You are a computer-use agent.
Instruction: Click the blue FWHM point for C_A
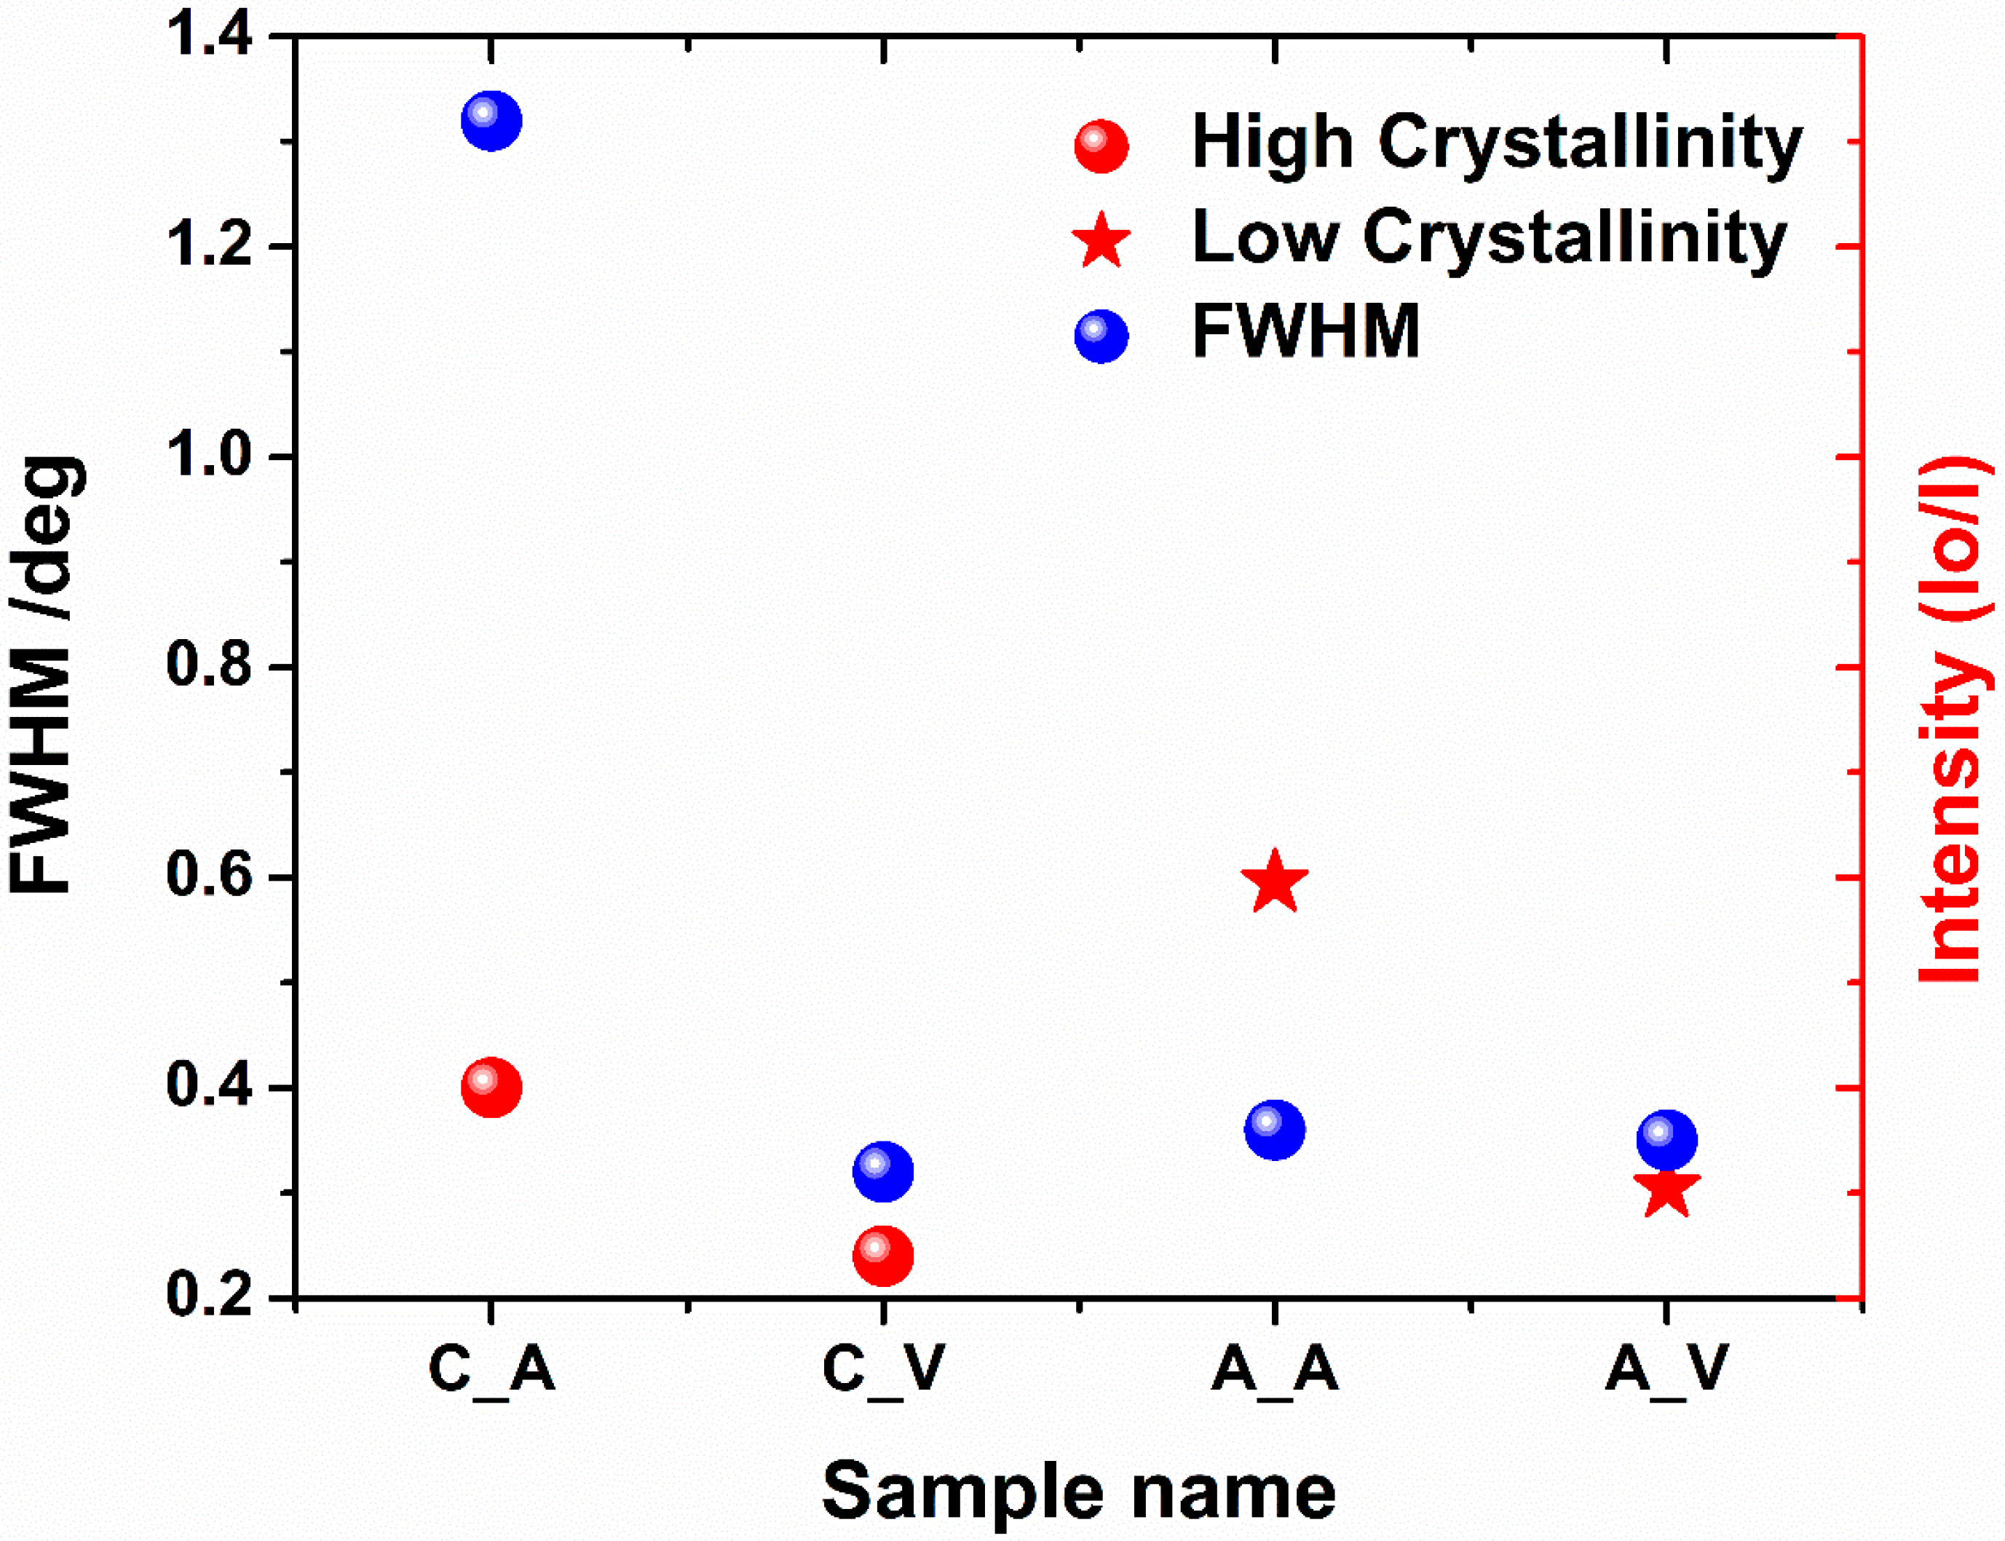[x=491, y=120]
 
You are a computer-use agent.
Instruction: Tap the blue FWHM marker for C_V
[x=882, y=1171]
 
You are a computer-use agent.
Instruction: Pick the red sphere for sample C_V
[x=882, y=1256]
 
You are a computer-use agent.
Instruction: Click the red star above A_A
[x=1274, y=882]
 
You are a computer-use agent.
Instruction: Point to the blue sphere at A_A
[x=1274, y=1130]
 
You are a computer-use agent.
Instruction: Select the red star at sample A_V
[x=1666, y=1192]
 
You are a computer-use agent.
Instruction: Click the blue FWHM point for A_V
[x=1666, y=1140]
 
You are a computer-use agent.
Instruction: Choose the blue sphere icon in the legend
[x=1101, y=336]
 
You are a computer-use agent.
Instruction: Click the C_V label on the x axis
[x=882, y=1369]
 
